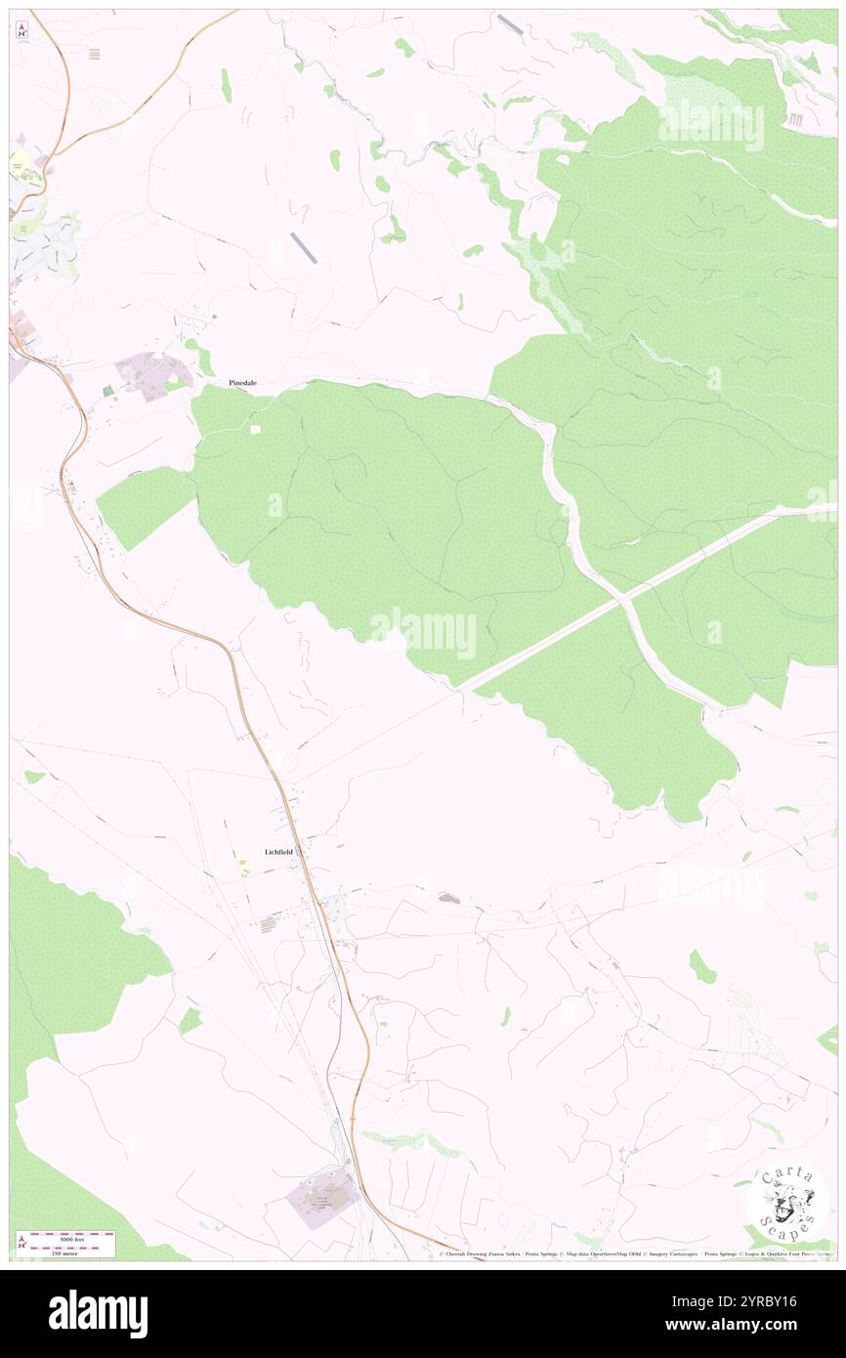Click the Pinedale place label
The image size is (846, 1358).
click(242, 383)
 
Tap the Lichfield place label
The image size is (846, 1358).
click(278, 852)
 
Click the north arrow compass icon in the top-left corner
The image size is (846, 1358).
click(21, 29)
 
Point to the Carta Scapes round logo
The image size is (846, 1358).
click(788, 1203)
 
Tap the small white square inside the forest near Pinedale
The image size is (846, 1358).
click(256, 429)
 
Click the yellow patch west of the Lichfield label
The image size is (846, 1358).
click(241, 861)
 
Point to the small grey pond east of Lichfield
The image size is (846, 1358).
click(449, 897)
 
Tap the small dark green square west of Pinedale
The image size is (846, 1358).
click(108, 391)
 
